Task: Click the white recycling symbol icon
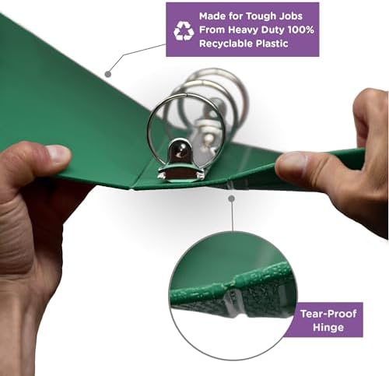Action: click(184, 31)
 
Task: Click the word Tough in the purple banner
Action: click(261, 16)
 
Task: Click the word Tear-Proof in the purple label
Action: click(328, 314)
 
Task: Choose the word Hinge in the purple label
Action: click(328, 327)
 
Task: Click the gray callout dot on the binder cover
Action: click(108, 74)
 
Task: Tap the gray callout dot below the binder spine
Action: click(231, 199)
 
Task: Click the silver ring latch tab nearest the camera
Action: click(179, 151)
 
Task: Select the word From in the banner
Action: click(212, 30)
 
